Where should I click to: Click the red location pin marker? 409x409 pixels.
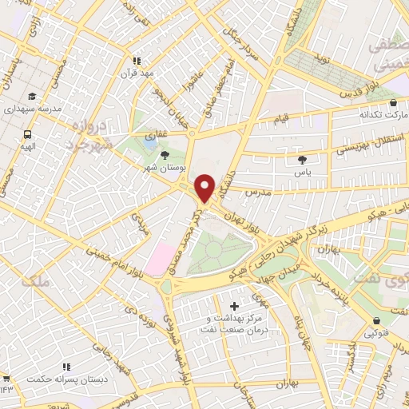click(x=205, y=187)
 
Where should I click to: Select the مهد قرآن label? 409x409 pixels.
click(x=136, y=73)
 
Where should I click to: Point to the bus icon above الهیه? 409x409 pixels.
click(x=27, y=135)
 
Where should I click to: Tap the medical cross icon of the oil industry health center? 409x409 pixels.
click(x=233, y=306)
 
